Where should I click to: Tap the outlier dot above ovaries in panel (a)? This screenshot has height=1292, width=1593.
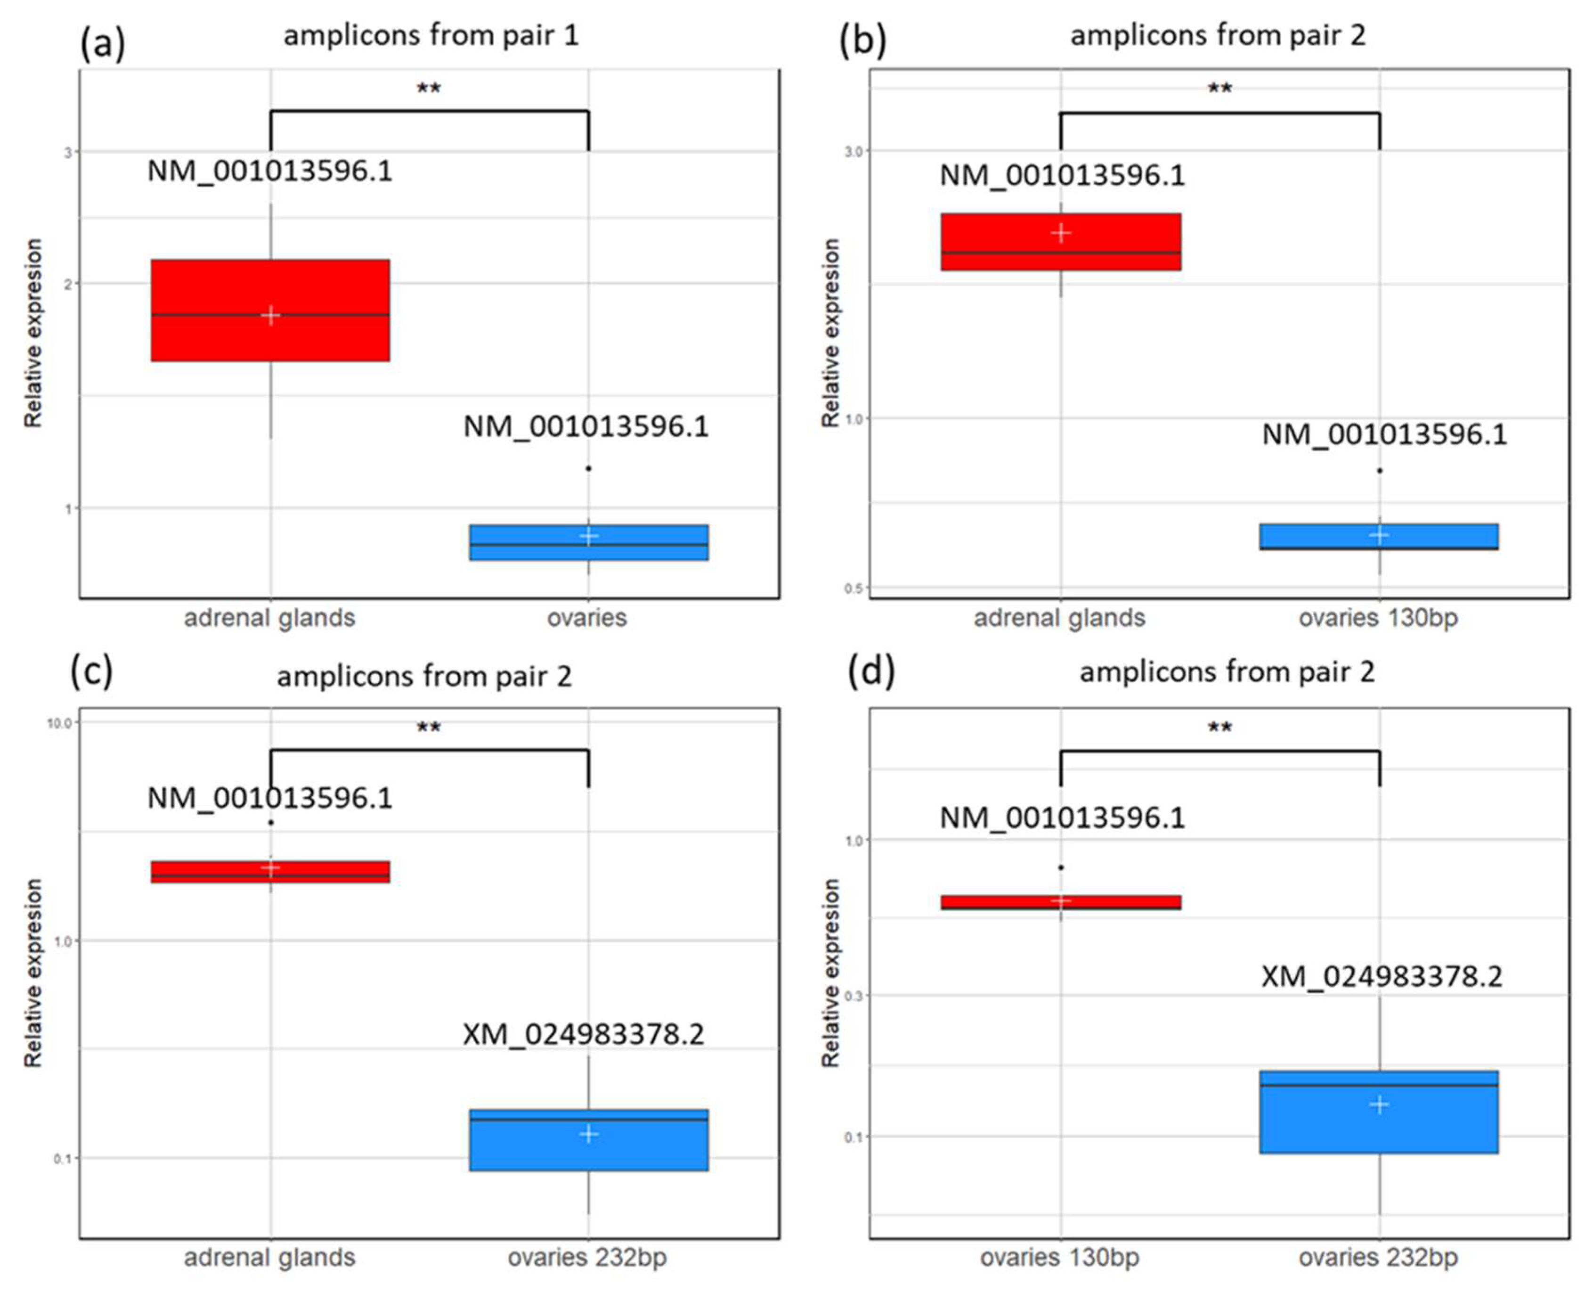click(x=588, y=468)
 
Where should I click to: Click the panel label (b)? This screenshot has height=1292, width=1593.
click(x=862, y=41)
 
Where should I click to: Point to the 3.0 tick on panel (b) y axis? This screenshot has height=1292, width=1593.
click(x=854, y=151)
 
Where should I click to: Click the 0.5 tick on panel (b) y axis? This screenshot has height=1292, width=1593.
click(x=854, y=588)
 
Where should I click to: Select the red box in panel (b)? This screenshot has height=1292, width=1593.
click(x=1060, y=242)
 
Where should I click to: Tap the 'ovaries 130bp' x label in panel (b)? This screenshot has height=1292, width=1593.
click(x=1378, y=618)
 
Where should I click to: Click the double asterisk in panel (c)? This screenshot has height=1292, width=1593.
click(x=429, y=727)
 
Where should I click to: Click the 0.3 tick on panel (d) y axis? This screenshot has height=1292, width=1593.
click(x=854, y=995)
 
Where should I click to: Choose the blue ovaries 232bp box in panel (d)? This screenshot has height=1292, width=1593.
click(x=1378, y=1112)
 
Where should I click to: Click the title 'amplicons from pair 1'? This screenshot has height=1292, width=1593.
click(x=431, y=35)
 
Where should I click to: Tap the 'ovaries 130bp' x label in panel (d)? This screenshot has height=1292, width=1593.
click(x=1059, y=1257)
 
